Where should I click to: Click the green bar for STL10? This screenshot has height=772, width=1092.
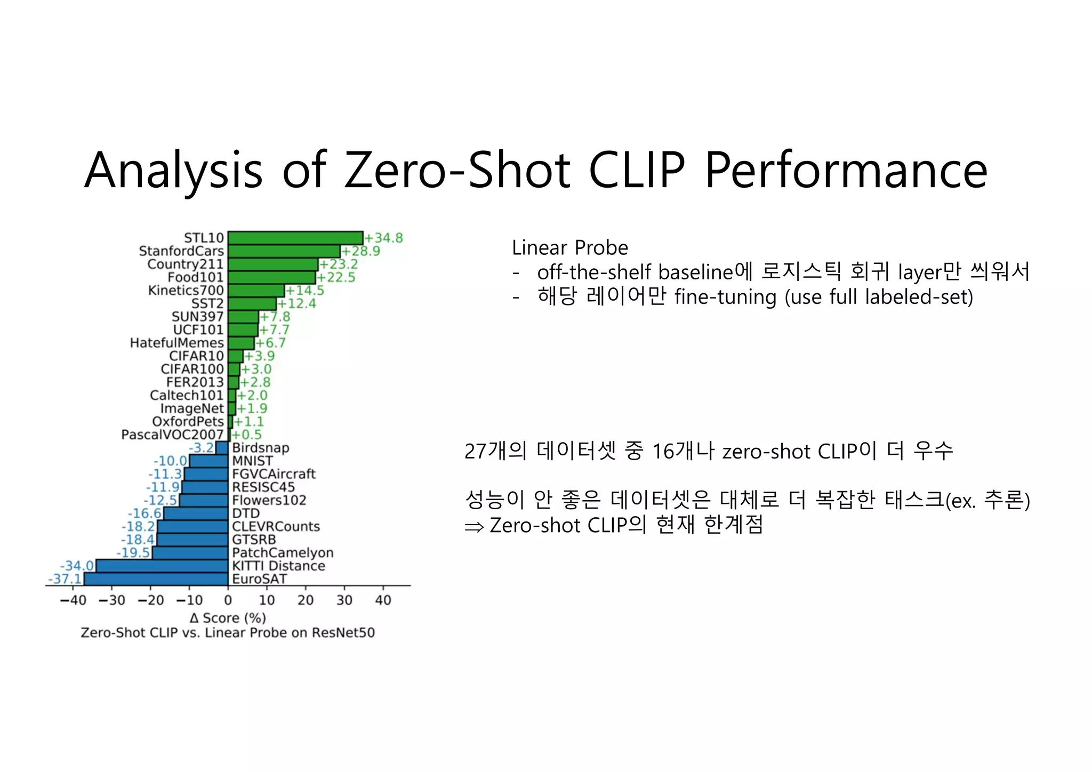(x=295, y=238)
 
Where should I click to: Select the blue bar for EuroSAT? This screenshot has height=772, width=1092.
(x=156, y=579)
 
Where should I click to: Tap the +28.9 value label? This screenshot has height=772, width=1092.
(x=360, y=251)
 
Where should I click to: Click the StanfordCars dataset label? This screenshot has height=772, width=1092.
(x=181, y=251)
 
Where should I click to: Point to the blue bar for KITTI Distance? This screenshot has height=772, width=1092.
(x=162, y=566)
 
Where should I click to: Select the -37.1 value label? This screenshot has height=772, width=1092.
(x=65, y=579)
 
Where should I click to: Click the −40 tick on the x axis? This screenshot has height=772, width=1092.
(x=73, y=600)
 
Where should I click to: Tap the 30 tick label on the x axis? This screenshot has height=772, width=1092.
(x=344, y=600)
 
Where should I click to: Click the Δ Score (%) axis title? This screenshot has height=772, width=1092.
(x=228, y=618)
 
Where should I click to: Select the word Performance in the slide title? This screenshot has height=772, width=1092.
(x=846, y=171)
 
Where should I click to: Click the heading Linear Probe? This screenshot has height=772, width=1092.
(x=569, y=248)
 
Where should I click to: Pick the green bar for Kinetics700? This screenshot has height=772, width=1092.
(x=256, y=291)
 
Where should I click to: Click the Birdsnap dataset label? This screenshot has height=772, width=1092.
(x=261, y=448)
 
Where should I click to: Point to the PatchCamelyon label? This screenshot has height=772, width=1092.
(x=283, y=553)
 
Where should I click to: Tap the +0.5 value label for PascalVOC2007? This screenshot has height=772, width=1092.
(x=247, y=435)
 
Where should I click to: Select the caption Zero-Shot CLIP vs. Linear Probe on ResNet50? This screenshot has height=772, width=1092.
(x=228, y=633)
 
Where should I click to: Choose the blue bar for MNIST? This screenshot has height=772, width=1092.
(x=208, y=461)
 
